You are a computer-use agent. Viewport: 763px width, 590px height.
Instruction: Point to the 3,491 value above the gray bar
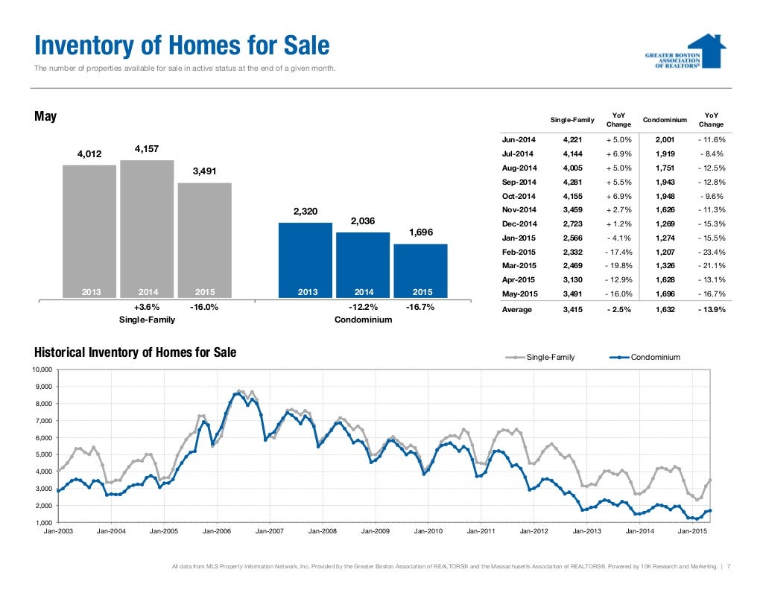204,171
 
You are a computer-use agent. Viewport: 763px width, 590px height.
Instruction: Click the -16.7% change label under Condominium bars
420,307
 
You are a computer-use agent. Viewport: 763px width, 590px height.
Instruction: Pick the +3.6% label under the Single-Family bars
147,307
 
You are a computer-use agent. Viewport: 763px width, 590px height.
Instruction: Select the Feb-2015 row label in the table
519,253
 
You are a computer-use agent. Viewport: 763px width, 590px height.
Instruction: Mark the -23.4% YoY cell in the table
711,253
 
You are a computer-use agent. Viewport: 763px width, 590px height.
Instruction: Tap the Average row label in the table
516,310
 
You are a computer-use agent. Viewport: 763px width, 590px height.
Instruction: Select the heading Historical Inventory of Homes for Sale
135,352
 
